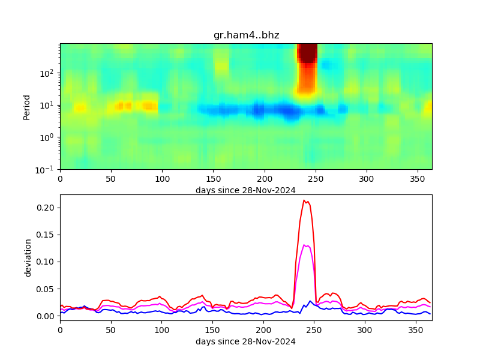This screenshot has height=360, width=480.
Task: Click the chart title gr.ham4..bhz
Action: (x=246, y=35)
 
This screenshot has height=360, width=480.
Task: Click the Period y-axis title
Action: (x=26, y=106)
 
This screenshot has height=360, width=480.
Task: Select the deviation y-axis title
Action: (x=28, y=257)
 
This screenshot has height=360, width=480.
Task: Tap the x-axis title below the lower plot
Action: (x=245, y=342)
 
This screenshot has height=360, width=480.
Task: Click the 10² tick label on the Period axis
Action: (x=48, y=73)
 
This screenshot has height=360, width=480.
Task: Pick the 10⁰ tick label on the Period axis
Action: (x=48, y=137)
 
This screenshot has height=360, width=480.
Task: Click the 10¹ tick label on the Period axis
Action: (x=48, y=105)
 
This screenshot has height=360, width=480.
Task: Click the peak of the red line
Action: (x=304, y=200)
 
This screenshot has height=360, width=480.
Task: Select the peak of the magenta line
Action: (x=305, y=245)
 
